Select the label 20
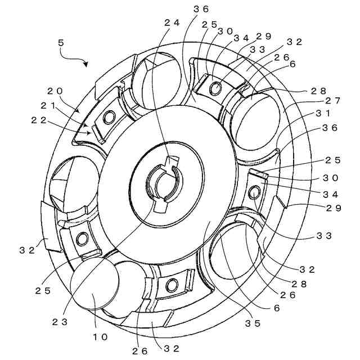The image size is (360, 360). point(55,91)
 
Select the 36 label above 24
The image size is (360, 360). point(201,8)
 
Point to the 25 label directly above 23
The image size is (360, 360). point(44,291)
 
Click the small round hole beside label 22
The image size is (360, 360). point(109,116)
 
